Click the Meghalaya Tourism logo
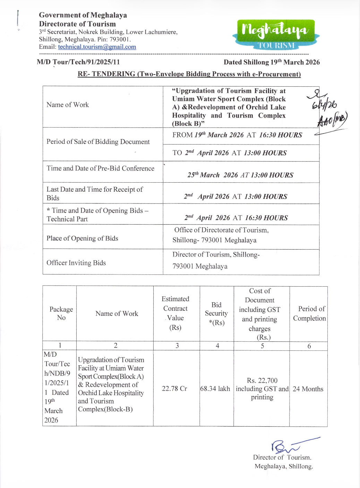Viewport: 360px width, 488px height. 276,35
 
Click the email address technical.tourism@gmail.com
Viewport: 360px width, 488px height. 97,47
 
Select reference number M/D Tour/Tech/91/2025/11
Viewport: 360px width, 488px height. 78,62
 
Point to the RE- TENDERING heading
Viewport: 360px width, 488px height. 189,74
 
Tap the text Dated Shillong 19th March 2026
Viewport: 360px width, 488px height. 272,62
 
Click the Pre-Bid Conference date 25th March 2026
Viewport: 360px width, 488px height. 240,175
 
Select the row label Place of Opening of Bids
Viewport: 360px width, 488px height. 82,238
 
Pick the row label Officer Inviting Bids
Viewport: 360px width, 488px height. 76,263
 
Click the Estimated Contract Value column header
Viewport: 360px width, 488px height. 175,313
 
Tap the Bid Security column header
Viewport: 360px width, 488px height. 216,313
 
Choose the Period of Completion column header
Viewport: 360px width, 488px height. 309,313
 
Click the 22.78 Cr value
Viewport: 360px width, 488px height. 174,389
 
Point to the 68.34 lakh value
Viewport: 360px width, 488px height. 215,389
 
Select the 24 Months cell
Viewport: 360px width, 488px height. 308,389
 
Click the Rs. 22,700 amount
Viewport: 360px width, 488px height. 262,381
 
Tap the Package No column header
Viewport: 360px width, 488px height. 61,313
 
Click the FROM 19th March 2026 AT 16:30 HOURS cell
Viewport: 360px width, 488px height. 237,135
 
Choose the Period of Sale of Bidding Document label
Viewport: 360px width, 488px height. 98,141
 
